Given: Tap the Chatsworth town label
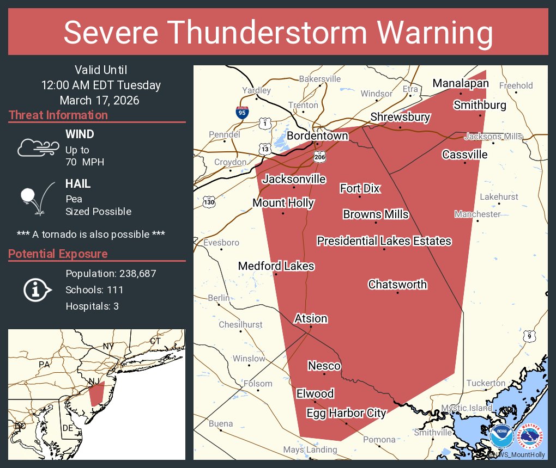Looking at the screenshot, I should click(x=397, y=285).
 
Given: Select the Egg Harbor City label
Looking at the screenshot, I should click(x=346, y=413).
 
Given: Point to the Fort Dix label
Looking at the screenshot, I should click(x=360, y=188).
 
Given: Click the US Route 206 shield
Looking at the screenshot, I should click(x=320, y=157).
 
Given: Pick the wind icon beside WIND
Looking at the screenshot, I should click(x=38, y=147).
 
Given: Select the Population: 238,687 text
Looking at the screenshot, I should click(x=111, y=273).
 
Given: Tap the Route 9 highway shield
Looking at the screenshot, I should click(x=529, y=337).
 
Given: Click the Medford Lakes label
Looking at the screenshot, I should click(x=276, y=266).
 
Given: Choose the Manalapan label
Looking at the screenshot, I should click(x=461, y=83).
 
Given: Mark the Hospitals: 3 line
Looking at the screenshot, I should click(x=92, y=306).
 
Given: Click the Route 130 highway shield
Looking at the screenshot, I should click(x=209, y=201).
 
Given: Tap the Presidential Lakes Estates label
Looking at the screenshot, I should click(x=384, y=241).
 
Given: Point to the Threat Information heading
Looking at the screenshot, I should click(x=58, y=115).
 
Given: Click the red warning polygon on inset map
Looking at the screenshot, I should click(x=96, y=393).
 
